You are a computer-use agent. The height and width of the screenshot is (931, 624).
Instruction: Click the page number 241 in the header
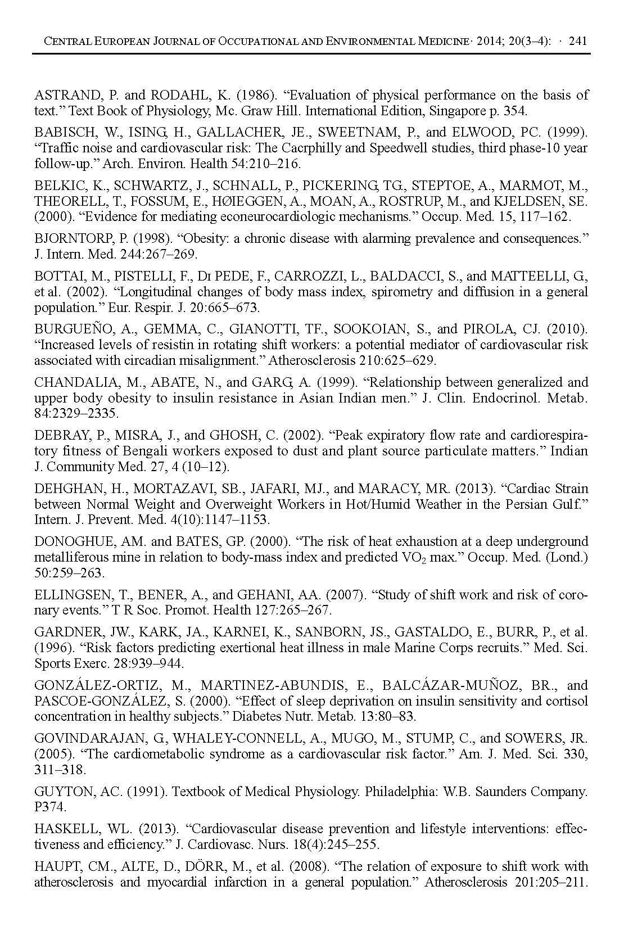coord(578,41)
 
